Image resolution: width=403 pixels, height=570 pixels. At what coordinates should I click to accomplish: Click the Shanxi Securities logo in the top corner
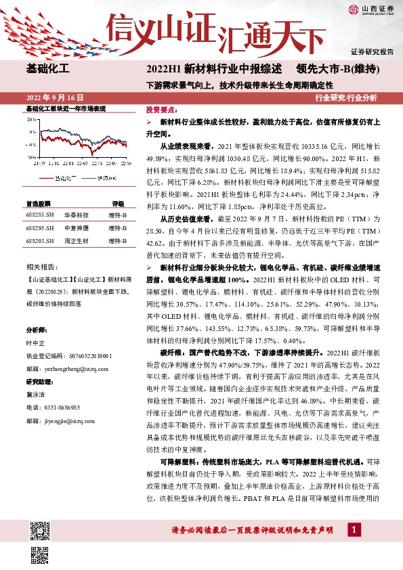click(x=370, y=9)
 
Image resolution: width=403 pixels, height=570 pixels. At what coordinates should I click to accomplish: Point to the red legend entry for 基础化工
click(x=60, y=177)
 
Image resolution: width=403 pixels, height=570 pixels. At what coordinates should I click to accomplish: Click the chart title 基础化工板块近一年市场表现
click(x=66, y=108)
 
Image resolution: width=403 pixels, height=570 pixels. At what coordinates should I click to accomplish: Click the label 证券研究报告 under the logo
click(x=372, y=51)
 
